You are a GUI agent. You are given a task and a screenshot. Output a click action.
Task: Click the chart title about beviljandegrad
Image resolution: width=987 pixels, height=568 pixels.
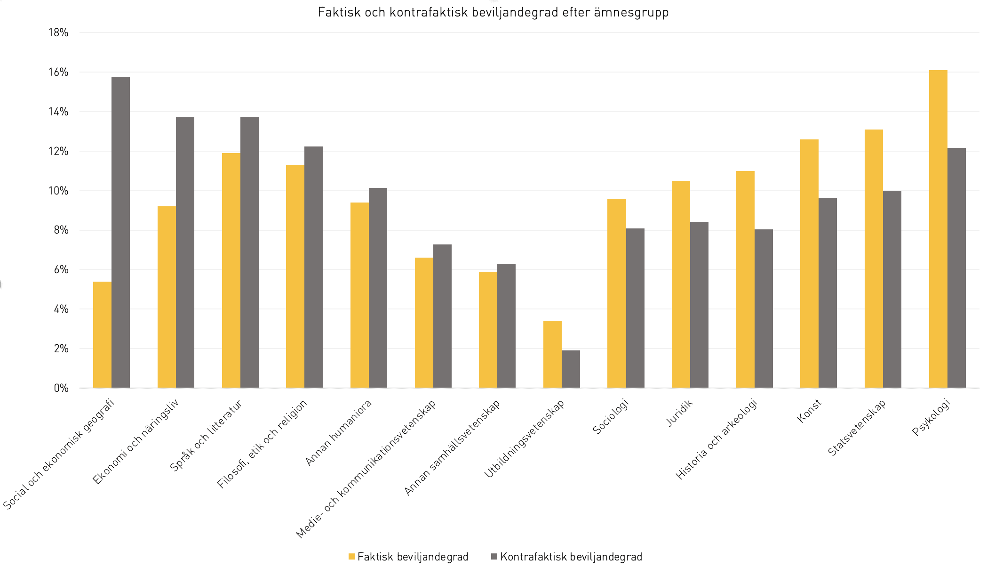tap(493, 12)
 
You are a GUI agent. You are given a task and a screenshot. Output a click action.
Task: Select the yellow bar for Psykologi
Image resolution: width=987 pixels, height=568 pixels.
tap(938, 229)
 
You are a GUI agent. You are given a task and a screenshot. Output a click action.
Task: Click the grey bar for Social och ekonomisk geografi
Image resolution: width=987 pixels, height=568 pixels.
tap(120, 232)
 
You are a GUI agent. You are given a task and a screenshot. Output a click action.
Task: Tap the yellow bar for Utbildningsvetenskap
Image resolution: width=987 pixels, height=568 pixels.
tap(552, 354)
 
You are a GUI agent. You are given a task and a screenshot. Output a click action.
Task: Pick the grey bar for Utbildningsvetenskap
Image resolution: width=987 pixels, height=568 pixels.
tap(571, 369)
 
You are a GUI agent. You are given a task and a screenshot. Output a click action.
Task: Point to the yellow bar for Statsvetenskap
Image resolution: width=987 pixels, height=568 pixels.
tap(874, 259)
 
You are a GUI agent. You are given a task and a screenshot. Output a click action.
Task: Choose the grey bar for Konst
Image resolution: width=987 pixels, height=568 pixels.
tap(828, 293)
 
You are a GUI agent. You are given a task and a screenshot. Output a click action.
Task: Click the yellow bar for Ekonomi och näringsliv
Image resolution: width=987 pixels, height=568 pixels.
tap(167, 297)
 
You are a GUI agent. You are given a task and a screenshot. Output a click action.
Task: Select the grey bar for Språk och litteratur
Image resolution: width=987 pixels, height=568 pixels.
tap(249, 252)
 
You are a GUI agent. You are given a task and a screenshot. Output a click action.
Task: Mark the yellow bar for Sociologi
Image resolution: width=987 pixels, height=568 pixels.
tap(617, 293)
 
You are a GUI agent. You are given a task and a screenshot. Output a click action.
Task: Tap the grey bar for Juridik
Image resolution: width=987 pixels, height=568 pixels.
tap(699, 305)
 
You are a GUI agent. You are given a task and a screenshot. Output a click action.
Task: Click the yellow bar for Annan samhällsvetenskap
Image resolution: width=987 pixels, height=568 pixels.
tap(488, 330)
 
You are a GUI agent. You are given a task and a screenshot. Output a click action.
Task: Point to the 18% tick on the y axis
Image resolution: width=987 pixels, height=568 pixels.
tap(58, 32)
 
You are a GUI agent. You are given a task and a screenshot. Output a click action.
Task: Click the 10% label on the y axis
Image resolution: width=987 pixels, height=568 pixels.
tap(58, 191)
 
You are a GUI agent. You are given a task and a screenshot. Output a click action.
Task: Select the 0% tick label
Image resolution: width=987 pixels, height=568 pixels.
tap(61, 388)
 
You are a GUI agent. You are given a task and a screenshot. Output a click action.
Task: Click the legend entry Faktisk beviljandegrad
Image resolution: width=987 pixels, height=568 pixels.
tap(408, 557)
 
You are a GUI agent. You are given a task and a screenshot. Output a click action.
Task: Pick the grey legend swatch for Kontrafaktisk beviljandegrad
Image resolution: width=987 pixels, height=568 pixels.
tap(494, 557)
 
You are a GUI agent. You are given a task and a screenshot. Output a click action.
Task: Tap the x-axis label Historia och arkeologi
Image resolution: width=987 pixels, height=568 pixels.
tap(716, 439)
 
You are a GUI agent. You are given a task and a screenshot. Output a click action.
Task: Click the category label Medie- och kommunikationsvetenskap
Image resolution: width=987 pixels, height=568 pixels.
tap(366, 469)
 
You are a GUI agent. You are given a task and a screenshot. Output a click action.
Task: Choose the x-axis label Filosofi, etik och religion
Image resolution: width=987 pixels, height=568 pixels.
tap(262, 444)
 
